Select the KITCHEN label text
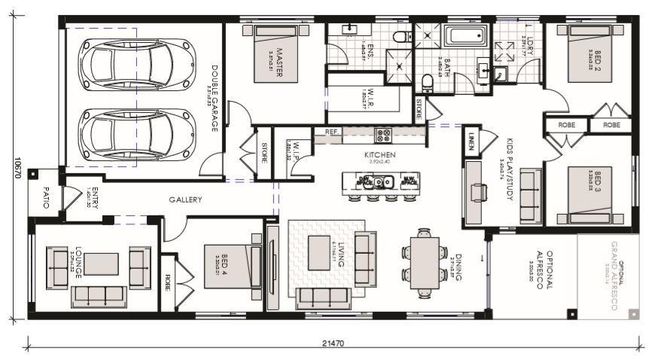(380, 155)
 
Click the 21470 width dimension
(332, 343)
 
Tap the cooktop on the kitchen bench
(383, 136)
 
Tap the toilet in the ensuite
(402, 35)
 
